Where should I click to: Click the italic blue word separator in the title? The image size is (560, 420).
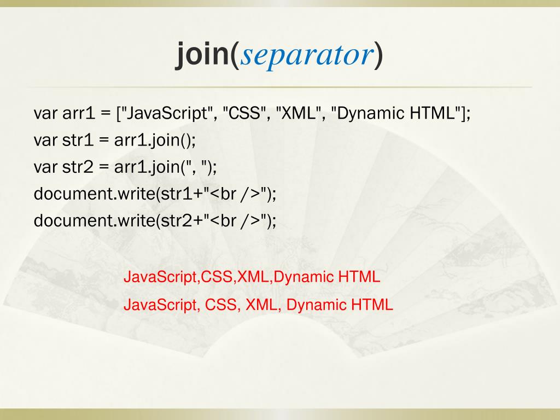[x=307, y=55]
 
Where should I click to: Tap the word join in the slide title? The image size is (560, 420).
[x=202, y=55]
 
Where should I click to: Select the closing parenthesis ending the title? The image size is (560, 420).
[x=379, y=55]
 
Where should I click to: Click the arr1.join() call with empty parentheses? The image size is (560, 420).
[x=155, y=141]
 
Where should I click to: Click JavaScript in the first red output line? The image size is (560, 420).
[x=161, y=277]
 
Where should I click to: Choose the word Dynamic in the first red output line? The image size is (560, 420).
[x=304, y=277]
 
